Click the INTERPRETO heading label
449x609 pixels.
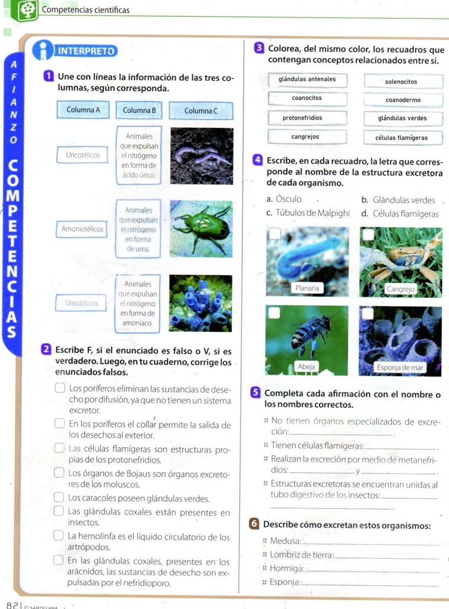click(87, 51)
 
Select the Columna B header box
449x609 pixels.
click(140, 110)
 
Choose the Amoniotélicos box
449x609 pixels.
click(83, 229)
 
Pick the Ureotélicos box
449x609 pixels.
click(82, 303)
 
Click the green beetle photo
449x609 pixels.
click(201, 229)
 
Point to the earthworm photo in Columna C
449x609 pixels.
click(201, 156)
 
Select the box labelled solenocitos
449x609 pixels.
click(401, 81)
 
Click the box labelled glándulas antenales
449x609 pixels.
click(306, 80)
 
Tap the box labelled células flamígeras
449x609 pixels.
click(401, 138)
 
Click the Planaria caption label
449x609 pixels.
click(307, 288)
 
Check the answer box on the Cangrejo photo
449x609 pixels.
click(369, 235)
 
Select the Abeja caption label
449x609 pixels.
click(306, 367)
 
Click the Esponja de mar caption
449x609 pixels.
click(400, 368)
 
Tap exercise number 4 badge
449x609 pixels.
click(257, 160)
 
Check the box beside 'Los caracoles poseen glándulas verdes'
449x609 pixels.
click(61, 497)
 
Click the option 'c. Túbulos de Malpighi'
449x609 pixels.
click(308, 214)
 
